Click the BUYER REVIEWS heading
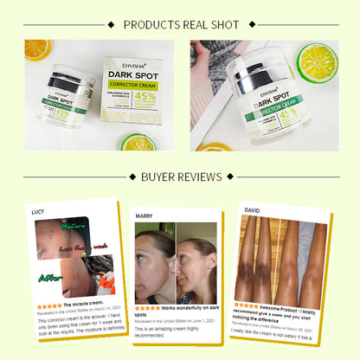click(x=179, y=177)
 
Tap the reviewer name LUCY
click(x=37, y=211)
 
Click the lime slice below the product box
click(x=137, y=141)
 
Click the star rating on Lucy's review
click(x=48, y=305)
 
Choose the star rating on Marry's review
click(x=148, y=307)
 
